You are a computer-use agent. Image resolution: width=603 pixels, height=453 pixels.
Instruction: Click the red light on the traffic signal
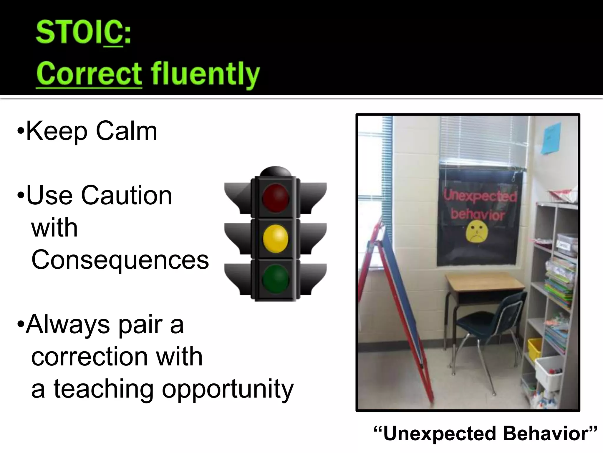(x=276, y=197)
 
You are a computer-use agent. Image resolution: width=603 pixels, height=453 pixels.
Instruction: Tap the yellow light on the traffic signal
(x=276, y=238)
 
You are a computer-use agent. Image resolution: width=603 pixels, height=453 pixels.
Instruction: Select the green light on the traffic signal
(x=276, y=279)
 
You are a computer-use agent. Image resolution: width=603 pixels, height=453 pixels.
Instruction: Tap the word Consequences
(x=120, y=260)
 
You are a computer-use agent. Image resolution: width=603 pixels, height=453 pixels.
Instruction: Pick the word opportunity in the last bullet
(x=228, y=389)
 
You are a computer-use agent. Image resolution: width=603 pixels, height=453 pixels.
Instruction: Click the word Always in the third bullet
(x=67, y=324)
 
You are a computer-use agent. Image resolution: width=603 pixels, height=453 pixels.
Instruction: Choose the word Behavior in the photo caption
(x=549, y=434)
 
